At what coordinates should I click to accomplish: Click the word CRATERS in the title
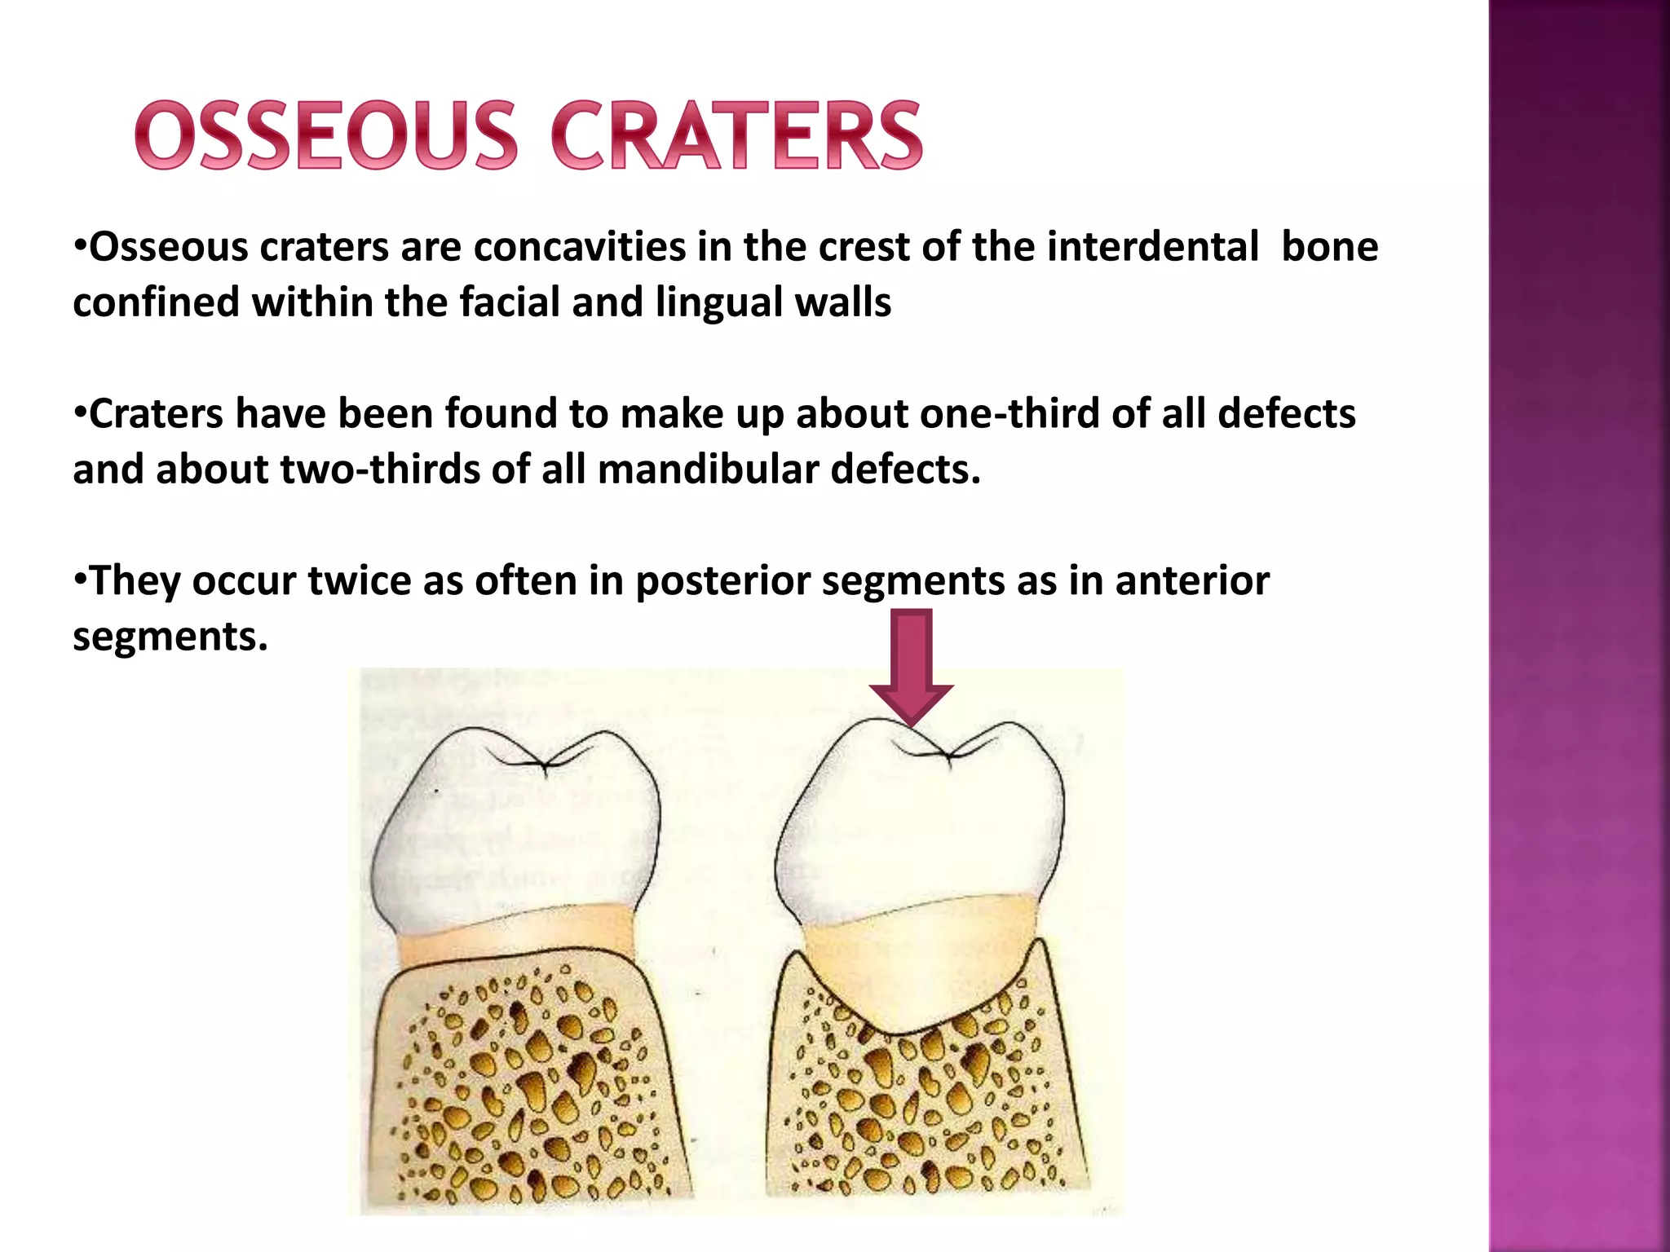[737, 135]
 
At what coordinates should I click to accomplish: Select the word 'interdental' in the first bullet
[1153, 247]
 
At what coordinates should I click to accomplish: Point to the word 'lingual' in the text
[719, 302]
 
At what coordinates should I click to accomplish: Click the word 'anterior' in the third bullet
[1191, 581]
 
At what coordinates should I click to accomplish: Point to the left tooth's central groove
[545, 765]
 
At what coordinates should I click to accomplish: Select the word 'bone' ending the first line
[1329, 247]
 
